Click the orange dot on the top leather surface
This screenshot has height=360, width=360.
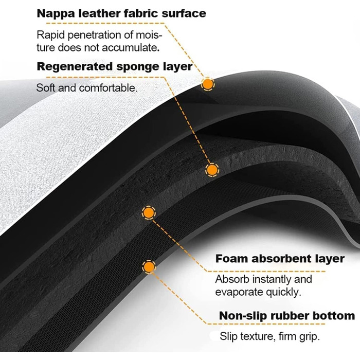pyautogui.click(x=207, y=84)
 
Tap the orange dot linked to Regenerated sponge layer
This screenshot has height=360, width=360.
pyautogui.click(x=211, y=170)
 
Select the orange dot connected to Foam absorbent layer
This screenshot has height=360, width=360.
pyautogui.click(x=148, y=212)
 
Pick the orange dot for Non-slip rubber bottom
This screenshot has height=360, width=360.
pyautogui.click(x=149, y=266)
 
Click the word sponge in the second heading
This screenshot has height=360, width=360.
pyautogui.click(x=135, y=67)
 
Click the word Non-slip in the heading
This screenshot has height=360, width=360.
pyautogui.click(x=241, y=315)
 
